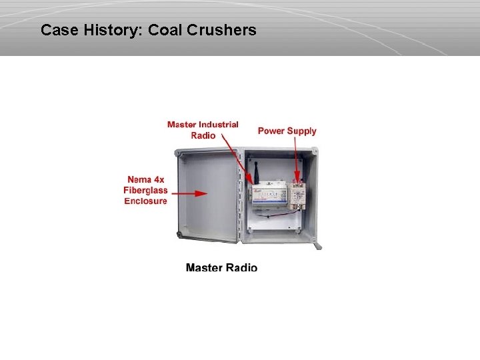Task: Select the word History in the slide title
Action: tap(111, 30)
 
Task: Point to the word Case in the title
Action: tap(57, 30)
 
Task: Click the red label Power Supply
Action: tap(287, 131)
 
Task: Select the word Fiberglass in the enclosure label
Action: tap(145, 190)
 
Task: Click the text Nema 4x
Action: tap(145, 180)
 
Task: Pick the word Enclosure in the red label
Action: tap(145, 201)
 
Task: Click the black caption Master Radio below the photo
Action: tap(221, 267)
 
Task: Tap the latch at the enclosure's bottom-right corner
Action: tap(318, 245)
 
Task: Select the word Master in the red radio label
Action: tap(181, 125)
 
